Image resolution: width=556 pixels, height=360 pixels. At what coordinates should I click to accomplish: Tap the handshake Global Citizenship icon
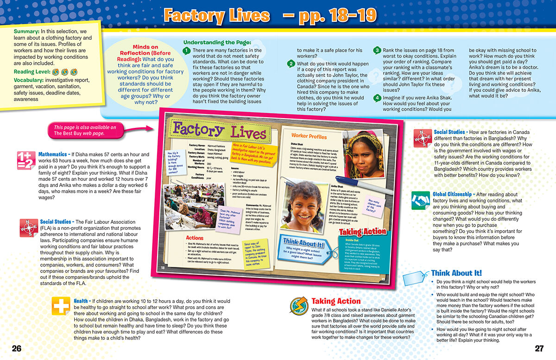(421, 200)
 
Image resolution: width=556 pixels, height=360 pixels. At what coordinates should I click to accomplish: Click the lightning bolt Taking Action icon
(299, 305)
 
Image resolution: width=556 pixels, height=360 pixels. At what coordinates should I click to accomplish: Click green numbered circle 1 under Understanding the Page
(186, 51)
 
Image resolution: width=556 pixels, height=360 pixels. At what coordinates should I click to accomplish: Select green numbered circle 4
(378, 98)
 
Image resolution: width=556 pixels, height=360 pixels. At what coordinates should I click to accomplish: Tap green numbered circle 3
(378, 50)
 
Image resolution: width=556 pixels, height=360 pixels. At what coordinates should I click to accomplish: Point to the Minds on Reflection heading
(145, 50)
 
